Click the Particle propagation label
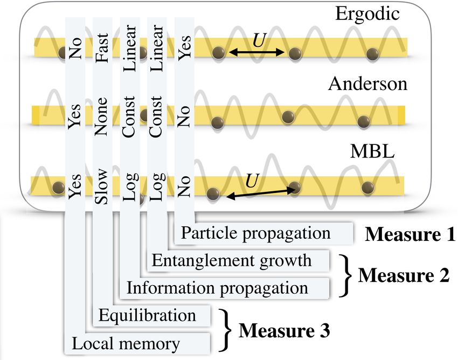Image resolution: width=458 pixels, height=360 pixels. pyautogui.click(x=255, y=233)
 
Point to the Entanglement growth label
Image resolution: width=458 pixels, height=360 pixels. pyautogui.click(x=232, y=260)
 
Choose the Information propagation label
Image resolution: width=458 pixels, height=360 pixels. pyautogui.click(x=217, y=288)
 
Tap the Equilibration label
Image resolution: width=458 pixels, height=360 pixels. pyautogui.click(x=148, y=315)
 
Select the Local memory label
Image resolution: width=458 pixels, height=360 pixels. pyautogui.click(x=126, y=342)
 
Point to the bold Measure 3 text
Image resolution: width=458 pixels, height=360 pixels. pyautogui.click(x=284, y=329)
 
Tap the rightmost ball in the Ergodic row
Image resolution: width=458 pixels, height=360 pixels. pyautogui.click(x=372, y=53)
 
